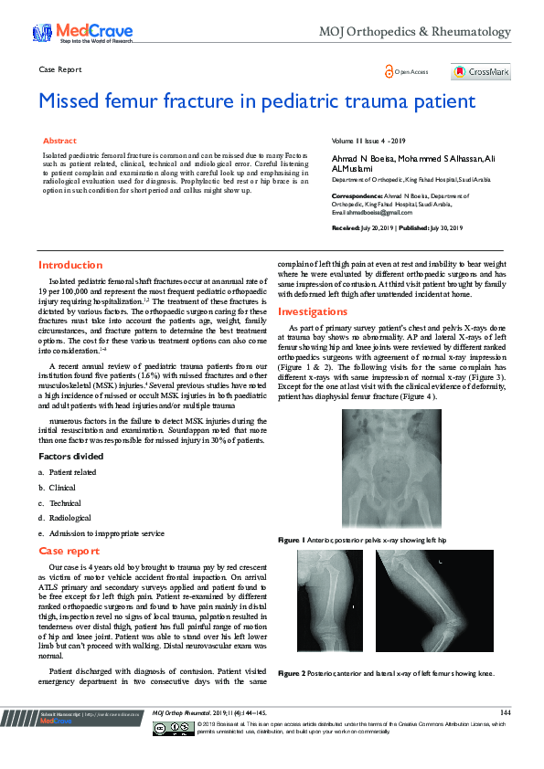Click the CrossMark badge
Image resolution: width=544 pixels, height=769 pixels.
click(480, 71)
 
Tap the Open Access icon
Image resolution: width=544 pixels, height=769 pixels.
click(388, 71)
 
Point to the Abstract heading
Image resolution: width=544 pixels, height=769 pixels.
click(60, 142)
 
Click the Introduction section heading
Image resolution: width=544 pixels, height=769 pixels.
click(70, 265)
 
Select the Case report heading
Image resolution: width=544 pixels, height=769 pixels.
click(69, 552)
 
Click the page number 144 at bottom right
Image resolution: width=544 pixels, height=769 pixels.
click(505, 711)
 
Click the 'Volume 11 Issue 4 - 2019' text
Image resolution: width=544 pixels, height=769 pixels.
click(368, 142)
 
